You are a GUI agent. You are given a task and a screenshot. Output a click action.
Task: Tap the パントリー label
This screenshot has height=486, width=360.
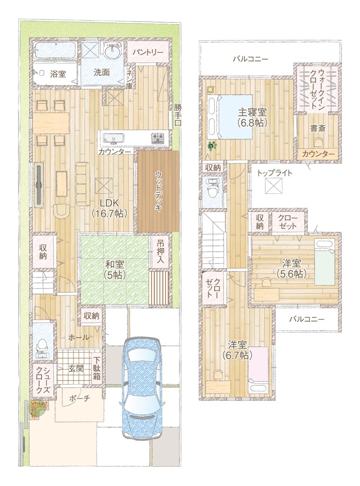coord(148,52)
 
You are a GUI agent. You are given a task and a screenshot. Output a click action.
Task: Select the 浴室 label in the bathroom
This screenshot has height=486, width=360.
coord(58,74)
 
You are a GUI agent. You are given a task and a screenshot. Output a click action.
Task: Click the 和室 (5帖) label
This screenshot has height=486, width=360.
coord(115,269)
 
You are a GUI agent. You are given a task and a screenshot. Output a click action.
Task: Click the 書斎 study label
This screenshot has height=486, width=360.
coord(318,128)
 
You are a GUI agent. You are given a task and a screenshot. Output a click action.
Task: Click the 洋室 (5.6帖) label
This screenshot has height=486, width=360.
coord(292,268)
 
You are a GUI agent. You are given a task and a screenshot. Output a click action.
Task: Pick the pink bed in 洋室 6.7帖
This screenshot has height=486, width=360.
coord(258,364)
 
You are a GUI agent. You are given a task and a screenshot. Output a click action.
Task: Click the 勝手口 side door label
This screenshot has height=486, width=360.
coord(177,115)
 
